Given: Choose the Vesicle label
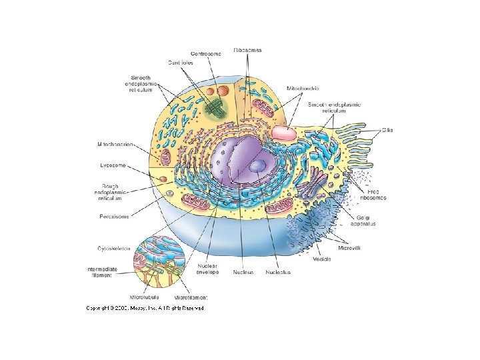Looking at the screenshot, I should (x=322, y=259).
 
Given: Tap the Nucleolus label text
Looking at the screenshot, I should (x=278, y=272).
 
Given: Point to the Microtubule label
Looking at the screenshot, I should (x=145, y=297).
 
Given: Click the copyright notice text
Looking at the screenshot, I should (x=144, y=308).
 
